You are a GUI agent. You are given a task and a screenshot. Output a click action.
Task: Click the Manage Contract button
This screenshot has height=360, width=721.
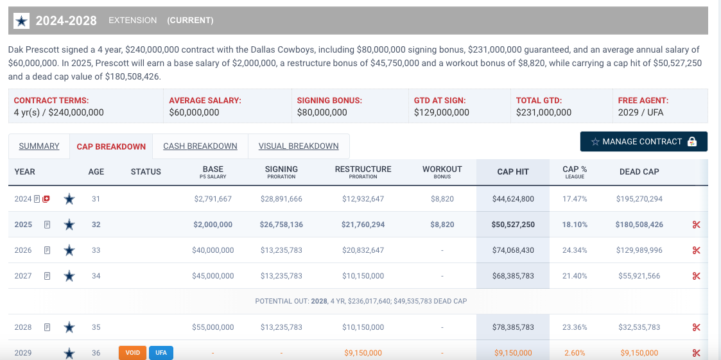pos(643,142)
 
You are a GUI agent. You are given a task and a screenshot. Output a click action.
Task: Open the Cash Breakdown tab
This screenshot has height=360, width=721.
pos(200,146)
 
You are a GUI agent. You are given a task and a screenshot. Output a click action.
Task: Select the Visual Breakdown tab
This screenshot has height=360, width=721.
pos(299,146)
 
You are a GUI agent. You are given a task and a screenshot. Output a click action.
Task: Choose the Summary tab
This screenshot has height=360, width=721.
pos(39,146)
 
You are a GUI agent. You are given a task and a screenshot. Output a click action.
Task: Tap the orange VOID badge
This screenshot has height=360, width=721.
pos(132,353)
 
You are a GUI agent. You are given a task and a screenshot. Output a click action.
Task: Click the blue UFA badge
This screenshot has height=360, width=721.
pos(161,353)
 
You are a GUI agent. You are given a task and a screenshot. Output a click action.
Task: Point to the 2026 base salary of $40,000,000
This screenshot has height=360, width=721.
pos(213,250)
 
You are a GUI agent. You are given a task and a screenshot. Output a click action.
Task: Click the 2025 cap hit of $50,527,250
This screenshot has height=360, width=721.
pos(513,225)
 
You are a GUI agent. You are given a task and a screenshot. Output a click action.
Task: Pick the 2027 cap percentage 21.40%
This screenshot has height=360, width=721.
pos(575,276)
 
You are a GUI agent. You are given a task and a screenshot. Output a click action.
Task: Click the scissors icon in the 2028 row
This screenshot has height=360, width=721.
pos(696,327)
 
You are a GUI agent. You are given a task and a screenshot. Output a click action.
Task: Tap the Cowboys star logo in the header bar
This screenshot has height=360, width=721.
pos(22,21)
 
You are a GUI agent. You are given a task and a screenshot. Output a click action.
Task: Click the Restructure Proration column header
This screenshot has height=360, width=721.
pos(363,171)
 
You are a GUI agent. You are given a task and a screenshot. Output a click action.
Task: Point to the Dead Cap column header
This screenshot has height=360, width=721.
pos(639,171)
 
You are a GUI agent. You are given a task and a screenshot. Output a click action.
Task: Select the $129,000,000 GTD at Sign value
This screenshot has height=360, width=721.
pos(442,112)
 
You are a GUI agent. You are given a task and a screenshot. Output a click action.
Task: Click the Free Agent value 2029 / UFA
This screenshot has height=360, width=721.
pos(641,112)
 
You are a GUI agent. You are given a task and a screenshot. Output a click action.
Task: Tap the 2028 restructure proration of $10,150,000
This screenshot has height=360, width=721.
pos(363,327)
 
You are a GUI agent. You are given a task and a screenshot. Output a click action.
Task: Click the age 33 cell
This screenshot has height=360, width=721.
pos(96,250)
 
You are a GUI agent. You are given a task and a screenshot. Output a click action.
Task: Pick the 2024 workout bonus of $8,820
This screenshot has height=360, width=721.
pos(442,199)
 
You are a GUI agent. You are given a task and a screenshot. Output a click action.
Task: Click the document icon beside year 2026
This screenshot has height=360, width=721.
pos(47,250)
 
